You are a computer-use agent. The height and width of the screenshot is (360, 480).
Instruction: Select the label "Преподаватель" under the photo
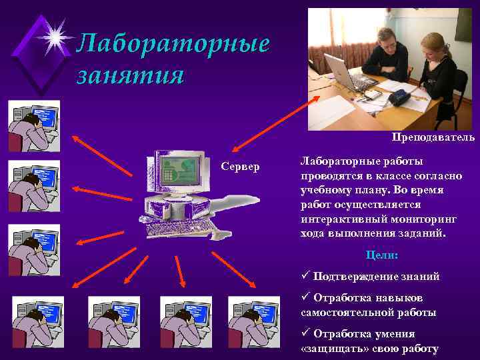tap(433, 137)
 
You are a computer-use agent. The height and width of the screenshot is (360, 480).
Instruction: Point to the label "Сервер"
tap(241, 166)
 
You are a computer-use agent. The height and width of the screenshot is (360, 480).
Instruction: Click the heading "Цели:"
tap(382, 255)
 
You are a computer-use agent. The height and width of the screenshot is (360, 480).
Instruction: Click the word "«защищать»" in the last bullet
tap(327, 349)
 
